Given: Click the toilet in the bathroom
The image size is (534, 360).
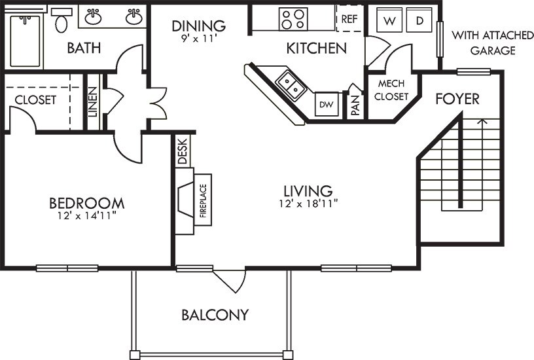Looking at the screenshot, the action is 62,21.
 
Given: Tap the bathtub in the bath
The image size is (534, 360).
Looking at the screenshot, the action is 26,41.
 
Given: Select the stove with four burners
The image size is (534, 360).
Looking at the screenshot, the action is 293,19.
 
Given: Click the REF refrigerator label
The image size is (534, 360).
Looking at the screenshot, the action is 349,19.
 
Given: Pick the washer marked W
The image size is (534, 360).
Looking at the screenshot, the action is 389,21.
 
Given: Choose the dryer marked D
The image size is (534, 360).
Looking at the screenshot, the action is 419,20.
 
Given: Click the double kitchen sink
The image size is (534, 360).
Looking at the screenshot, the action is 291,86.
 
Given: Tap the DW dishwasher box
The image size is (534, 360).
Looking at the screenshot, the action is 327,104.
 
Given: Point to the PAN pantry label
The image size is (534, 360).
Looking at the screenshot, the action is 355,105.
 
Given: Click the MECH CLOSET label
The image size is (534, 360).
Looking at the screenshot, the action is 391,90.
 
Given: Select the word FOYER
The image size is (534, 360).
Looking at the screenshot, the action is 457,99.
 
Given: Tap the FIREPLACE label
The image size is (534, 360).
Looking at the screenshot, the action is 204,200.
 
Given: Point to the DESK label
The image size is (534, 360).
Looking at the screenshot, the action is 183,151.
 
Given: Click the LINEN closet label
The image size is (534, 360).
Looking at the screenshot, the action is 93,102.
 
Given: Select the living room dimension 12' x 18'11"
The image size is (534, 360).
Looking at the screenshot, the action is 308,204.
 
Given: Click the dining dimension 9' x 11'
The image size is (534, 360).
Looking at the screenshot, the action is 199,39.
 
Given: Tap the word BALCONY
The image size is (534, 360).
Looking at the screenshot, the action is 215,315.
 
